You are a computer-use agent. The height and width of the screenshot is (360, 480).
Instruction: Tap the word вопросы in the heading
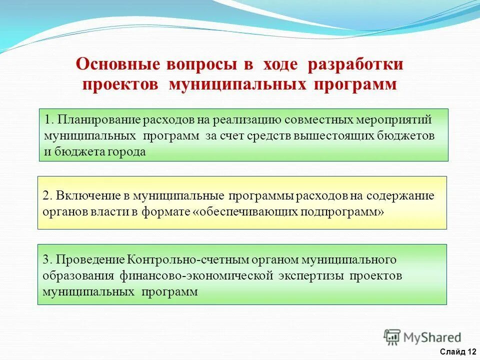point(197,64)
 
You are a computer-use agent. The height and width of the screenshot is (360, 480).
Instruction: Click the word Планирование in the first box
point(99,120)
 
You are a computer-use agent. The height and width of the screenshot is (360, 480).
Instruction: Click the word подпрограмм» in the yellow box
point(342,211)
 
